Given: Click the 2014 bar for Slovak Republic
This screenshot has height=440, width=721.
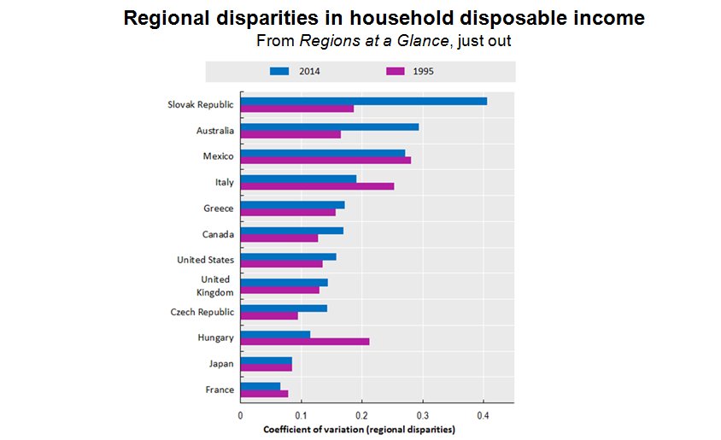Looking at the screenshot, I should tap(363, 101).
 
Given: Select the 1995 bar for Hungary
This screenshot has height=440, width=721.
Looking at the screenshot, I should tap(305, 342).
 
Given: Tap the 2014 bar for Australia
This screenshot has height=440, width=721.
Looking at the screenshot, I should tap(330, 126).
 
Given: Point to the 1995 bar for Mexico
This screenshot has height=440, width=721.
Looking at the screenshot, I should tap(325, 160).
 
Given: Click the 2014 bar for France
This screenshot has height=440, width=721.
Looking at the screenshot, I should tap(261, 386).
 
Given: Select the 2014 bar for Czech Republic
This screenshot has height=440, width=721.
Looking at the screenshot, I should tap(284, 308).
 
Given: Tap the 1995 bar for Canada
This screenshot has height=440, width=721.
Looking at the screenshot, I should tap(279, 238).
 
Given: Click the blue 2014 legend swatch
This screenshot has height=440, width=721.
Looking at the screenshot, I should tap(280, 71).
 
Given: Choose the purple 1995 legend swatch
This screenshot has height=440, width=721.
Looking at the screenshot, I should tap(395, 71).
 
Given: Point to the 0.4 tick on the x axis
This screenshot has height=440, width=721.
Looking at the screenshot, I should tap(484, 414).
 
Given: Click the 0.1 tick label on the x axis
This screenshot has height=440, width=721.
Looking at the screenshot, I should tap(301, 414).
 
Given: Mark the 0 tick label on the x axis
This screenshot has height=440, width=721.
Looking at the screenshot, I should tap(240, 414).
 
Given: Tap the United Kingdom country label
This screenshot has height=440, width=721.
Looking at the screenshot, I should tap(214, 285).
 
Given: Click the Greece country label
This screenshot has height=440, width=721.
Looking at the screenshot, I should tap(219, 208).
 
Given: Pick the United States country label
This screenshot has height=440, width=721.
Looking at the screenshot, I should tap(205, 260).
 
